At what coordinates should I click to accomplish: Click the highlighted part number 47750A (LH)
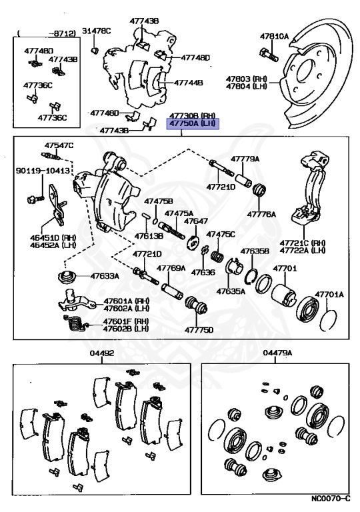click(x=193, y=124)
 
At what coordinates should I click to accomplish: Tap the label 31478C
click(x=97, y=31)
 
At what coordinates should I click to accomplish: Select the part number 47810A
click(x=275, y=37)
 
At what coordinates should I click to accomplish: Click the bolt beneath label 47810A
click(x=269, y=55)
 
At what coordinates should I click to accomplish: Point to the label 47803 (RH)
click(x=246, y=79)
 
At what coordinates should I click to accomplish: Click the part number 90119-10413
click(x=43, y=171)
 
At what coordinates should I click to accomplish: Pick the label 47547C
click(x=59, y=145)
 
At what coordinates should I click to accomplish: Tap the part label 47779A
click(x=245, y=159)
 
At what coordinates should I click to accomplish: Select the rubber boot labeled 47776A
click(x=260, y=190)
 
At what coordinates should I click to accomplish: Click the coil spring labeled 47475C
click(x=217, y=255)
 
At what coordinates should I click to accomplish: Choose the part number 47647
click(x=196, y=221)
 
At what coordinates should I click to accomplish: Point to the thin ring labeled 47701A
click(x=328, y=320)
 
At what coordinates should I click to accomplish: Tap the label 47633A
click(x=105, y=276)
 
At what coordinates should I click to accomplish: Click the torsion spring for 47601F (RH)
click(x=76, y=324)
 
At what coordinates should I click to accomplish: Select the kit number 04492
click(x=102, y=353)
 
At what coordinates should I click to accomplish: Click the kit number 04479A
click(x=277, y=353)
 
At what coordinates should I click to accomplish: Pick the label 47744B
click(x=188, y=83)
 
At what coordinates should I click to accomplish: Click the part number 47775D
click(x=199, y=330)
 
